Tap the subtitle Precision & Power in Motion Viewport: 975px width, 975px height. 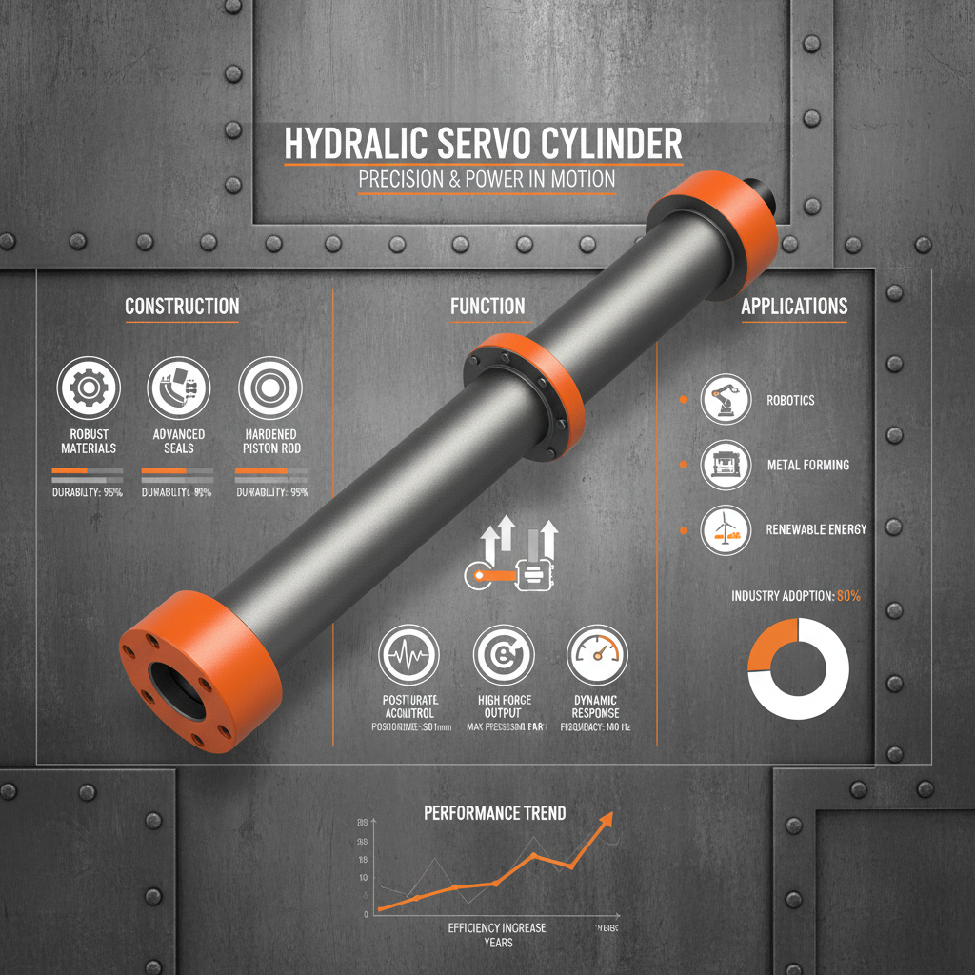click(486, 179)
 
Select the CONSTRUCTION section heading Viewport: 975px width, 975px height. click(182, 307)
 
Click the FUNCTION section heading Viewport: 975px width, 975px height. click(487, 307)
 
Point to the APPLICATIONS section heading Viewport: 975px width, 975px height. click(794, 307)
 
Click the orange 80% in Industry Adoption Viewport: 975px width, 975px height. click(847, 596)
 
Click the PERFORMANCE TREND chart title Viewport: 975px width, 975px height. click(494, 813)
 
